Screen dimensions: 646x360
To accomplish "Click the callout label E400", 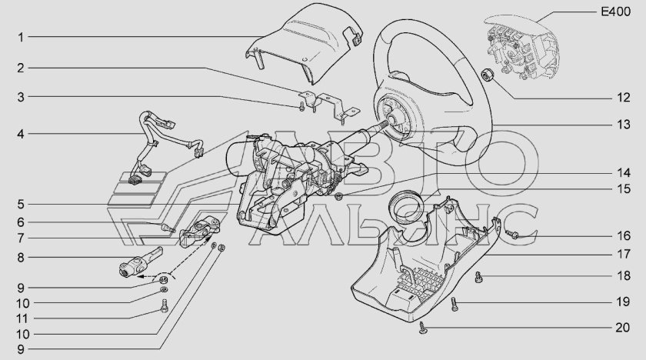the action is (616, 12).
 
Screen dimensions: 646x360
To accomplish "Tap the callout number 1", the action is (21, 38).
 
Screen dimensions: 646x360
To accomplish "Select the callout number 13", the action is (624, 124).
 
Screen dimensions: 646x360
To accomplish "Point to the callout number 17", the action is (624, 254).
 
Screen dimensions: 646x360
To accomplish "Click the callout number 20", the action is (622, 328).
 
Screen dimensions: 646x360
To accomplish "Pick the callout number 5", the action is (21, 205).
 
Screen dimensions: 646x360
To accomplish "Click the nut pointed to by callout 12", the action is (487, 75).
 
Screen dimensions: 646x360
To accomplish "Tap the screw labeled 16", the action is (511, 235).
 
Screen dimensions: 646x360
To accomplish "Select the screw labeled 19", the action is (455, 304).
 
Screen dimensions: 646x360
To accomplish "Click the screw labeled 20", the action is (423, 327).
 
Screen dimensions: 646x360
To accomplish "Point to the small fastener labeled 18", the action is (478, 277).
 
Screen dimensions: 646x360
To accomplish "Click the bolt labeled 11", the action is (164, 305).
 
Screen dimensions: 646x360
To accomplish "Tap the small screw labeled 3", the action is (301, 106).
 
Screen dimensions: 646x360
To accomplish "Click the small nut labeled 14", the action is (339, 196).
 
